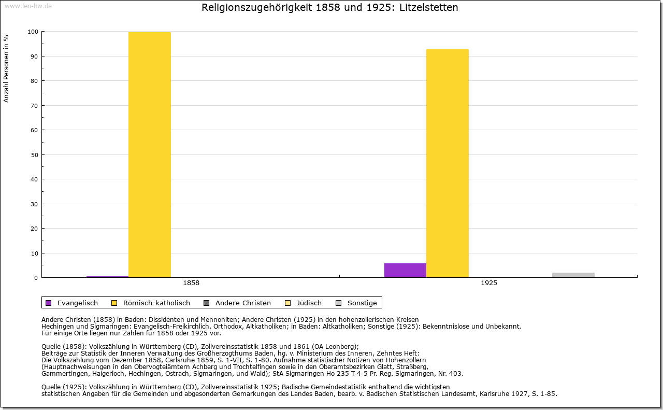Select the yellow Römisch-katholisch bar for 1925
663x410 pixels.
click(448, 163)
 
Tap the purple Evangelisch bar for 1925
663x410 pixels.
click(405, 270)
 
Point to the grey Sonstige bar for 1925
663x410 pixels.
click(573, 275)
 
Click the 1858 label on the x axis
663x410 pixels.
click(191, 284)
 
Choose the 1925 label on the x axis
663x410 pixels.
click(489, 284)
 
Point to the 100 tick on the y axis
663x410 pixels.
click(33, 32)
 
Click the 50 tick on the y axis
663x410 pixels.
click(34, 155)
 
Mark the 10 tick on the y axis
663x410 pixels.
click(34, 253)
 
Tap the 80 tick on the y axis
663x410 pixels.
click(34, 81)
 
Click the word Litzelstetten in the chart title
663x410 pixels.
click(428, 8)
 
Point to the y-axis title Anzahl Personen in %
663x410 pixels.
click(7, 68)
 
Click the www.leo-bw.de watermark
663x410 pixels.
click(28, 7)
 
